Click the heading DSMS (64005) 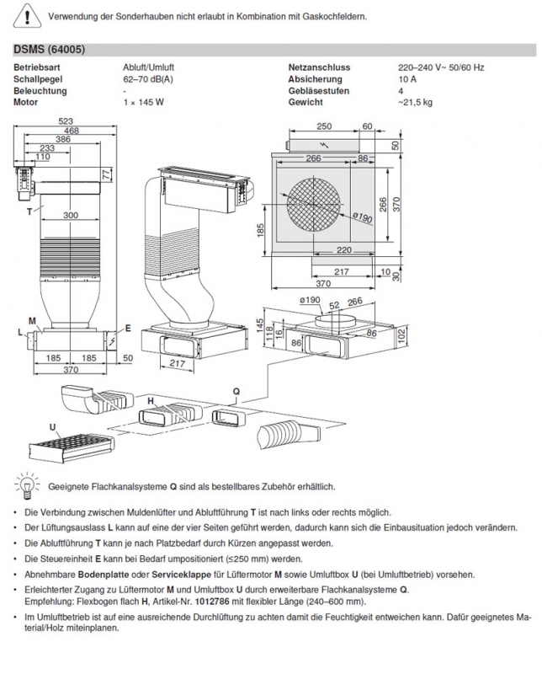(49, 51)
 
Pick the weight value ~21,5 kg (415, 102)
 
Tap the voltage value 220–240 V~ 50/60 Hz (440, 67)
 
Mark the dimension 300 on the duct (71, 216)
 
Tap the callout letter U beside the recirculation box (29, 428)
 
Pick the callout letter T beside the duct (29, 210)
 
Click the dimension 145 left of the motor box (260, 324)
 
